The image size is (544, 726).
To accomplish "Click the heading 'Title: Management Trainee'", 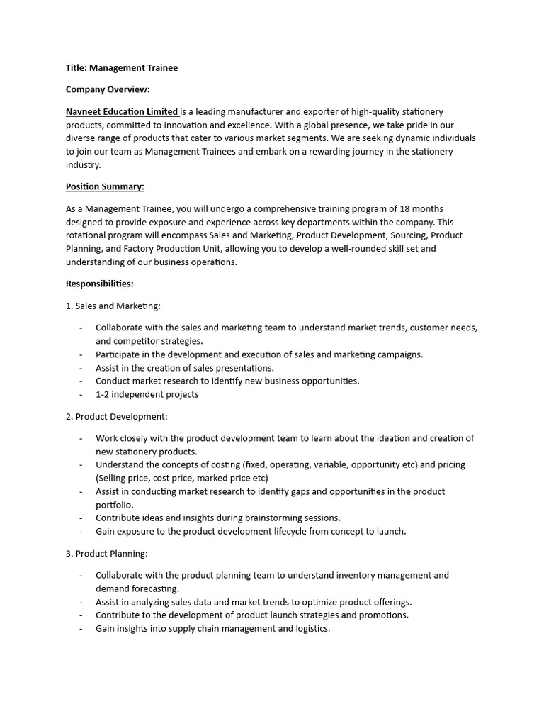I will coord(122,68).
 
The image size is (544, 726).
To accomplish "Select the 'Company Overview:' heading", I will coord(108,89).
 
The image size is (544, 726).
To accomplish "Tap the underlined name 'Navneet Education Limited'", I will coord(122,111).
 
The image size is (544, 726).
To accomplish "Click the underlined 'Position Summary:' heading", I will coord(105,186).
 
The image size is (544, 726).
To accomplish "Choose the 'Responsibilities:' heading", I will coord(100,284).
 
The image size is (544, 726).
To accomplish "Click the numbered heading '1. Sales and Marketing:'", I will coord(113,306).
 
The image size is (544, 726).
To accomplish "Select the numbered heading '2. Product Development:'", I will coord(117,416).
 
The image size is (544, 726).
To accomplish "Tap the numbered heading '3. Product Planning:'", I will coord(107,553).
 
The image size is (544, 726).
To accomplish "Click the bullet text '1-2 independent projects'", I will coord(147,394).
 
